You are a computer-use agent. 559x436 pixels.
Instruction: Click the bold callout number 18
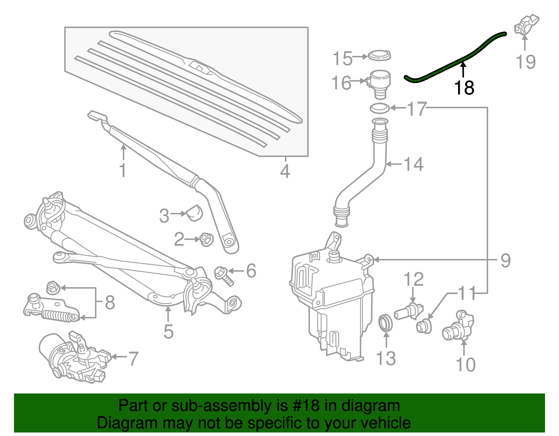[x=464, y=88]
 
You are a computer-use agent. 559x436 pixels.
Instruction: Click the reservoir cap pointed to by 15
[x=379, y=56]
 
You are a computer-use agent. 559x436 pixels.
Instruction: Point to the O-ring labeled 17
[x=379, y=108]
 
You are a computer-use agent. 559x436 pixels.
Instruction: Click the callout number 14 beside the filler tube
[x=413, y=164]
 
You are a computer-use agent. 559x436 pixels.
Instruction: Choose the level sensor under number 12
[x=409, y=310]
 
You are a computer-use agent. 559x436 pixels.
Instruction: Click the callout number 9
[x=506, y=260]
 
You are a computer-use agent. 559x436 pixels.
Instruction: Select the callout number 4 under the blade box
[x=285, y=171]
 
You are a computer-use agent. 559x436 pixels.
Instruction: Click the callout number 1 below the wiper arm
[x=123, y=170]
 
